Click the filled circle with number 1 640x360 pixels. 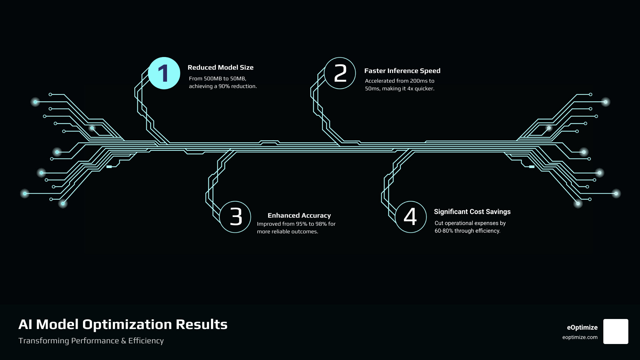164,73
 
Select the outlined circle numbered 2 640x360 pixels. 340,73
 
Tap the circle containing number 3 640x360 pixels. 235,217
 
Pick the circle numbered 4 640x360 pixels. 411,217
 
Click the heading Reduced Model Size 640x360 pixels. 220,67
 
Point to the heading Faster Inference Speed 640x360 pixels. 402,71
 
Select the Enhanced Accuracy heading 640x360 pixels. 299,215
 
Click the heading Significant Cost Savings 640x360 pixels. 472,212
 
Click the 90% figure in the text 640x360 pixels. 224,86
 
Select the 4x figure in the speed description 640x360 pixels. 410,89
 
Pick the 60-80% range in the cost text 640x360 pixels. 444,231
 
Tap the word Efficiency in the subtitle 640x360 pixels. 146,341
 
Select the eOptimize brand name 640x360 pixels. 582,327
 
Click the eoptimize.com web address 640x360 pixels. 580,337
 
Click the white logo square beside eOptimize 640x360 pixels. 616,331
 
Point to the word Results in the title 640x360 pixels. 202,324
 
